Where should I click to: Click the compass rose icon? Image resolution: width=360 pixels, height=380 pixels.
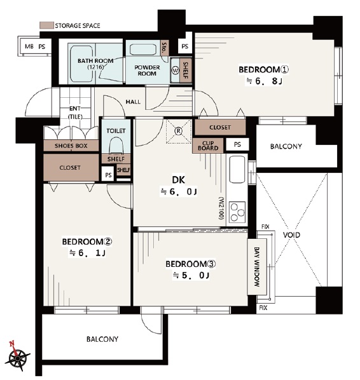pyautogui.click(x=17, y=356)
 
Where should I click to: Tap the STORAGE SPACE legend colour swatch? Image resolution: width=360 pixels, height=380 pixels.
pyautogui.click(x=46, y=25)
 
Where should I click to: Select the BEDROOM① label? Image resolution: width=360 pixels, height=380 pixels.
pyautogui.click(x=264, y=69)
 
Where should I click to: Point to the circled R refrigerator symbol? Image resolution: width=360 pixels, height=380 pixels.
pyautogui.click(x=178, y=131)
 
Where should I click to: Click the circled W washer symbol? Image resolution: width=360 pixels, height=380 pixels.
pyautogui.click(x=175, y=71)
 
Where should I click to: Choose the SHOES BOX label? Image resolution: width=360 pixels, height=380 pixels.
pyautogui.click(x=71, y=146)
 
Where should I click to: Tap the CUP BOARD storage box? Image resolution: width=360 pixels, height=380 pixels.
pyautogui.click(x=208, y=146)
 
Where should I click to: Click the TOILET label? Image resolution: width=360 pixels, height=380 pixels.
pyautogui.click(x=116, y=131)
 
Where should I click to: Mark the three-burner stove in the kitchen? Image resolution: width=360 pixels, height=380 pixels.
pyautogui.click(x=237, y=212)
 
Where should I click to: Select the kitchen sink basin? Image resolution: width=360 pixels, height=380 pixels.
pyautogui.click(x=237, y=170)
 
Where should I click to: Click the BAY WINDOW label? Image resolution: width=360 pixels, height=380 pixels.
pyautogui.click(x=257, y=267)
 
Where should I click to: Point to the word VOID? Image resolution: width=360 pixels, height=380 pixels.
pyautogui.click(x=291, y=235)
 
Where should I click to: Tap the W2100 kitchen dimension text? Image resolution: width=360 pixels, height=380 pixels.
pyautogui.click(x=221, y=208)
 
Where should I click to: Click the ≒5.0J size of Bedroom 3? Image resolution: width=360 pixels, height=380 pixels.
pyautogui.click(x=191, y=275)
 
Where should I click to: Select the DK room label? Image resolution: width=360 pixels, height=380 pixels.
pyautogui.click(x=178, y=180)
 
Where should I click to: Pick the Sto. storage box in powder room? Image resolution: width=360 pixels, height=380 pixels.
pyautogui.click(x=165, y=48)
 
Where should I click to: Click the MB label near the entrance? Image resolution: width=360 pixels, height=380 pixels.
pyautogui.click(x=29, y=46)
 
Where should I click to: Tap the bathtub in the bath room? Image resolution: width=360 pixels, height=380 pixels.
pyautogui.click(x=81, y=64)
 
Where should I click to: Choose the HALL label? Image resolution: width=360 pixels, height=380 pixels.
pyautogui.click(x=133, y=102)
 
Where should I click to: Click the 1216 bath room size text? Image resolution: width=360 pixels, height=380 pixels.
pyautogui.click(x=95, y=67)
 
